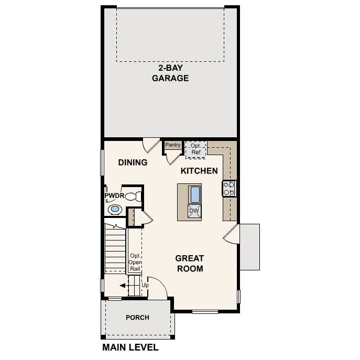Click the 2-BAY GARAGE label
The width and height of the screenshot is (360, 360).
click(x=170, y=73)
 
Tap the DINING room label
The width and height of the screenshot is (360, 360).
click(x=133, y=162)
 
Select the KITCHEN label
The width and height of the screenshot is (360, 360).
click(x=199, y=171)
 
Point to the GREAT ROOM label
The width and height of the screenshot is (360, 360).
click(x=189, y=264)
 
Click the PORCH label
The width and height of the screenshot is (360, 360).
click(x=137, y=318)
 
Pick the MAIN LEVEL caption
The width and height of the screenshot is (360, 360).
click(x=130, y=347)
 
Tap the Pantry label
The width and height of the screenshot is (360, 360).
click(x=173, y=145)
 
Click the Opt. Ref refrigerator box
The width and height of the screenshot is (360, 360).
click(x=196, y=149)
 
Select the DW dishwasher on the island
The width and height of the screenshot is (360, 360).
click(x=194, y=211)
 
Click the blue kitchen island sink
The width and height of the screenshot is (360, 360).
click(x=195, y=194)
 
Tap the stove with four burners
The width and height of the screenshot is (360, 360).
click(x=229, y=189)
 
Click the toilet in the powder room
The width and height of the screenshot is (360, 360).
click(x=134, y=197)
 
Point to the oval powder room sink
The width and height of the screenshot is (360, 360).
click(x=115, y=210)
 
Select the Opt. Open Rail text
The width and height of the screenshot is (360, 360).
click(x=135, y=262)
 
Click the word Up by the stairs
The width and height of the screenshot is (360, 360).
click(x=145, y=285)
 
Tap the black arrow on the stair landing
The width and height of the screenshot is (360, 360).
click(x=123, y=286)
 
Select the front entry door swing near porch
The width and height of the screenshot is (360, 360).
click(x=157, y=289)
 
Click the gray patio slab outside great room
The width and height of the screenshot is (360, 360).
click(x=250, y=246)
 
